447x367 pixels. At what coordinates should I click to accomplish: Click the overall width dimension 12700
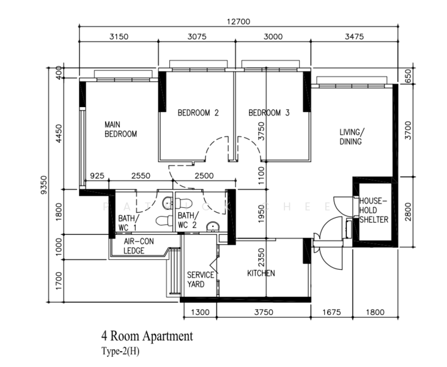point(238,21)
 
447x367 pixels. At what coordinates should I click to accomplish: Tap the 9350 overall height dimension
point(43,185)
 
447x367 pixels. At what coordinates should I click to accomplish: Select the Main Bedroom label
point(120,129)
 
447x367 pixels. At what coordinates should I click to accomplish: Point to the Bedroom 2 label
point(198,113)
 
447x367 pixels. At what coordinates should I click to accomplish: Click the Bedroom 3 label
point(269,113)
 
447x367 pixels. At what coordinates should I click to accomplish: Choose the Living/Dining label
point(352,137)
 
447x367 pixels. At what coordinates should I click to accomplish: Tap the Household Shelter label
point(374,210)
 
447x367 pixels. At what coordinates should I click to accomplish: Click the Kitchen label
point(261,273)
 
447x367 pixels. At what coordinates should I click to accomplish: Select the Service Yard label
point(201,280)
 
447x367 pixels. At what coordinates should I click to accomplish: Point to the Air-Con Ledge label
point(139,246)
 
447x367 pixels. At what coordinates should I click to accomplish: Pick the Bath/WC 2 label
point(188,220)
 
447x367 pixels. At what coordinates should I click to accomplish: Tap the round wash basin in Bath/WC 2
point(213,227)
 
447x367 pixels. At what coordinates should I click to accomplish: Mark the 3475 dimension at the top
point(354,37)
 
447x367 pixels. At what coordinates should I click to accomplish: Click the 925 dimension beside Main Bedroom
point(97,176)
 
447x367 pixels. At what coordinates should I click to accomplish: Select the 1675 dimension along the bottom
point(331,312)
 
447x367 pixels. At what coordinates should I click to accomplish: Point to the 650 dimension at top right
point(408,76)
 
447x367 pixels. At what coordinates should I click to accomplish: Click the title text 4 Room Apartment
point(147,336)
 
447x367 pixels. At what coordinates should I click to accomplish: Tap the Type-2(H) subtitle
point(120,351)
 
